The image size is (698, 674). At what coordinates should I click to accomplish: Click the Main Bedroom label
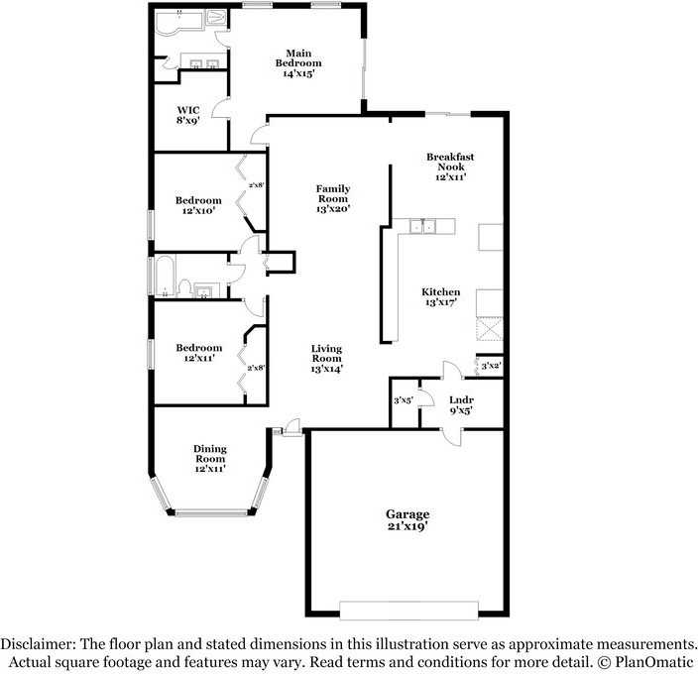coord(297,62)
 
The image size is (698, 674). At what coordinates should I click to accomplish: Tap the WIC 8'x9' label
coord(188,115)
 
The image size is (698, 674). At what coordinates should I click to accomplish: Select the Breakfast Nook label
coord(445,167)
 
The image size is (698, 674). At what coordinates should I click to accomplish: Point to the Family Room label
coord(332,197)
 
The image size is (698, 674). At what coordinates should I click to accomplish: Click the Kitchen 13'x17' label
coord(441,297)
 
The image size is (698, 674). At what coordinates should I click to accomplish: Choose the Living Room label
coord(326,358)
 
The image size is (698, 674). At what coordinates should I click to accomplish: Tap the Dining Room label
coord(209,458)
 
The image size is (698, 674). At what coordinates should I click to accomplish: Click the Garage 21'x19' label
coord(407,520)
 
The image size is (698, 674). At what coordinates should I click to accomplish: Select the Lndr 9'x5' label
coord(461,403)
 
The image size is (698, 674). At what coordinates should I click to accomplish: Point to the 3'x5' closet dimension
coord(404,400)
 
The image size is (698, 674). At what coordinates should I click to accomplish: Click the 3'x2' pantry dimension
coord(491,366)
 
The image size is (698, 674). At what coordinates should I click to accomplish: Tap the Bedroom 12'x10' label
coord(199,203)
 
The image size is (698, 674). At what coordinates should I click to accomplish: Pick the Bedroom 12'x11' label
coord(199,353)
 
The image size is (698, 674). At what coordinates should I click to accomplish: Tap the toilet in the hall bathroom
coord(183,288)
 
